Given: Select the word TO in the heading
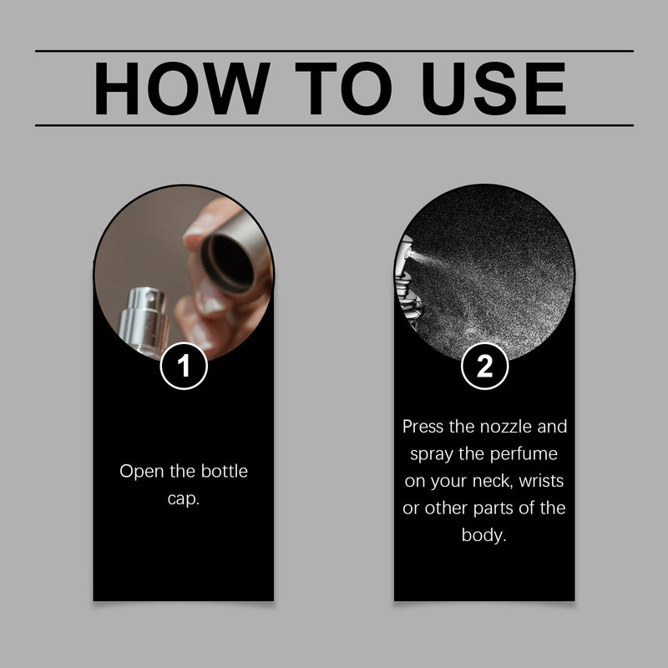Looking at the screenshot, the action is [x=343, y=89].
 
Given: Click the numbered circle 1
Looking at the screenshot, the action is [x=184, y=366].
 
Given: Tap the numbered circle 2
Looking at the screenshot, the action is [x=485, y=366].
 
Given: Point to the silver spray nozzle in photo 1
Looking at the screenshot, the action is [x=143, y=321].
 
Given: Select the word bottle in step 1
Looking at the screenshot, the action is [x=224, y=471].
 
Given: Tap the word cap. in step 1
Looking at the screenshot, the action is [x=184, y=499].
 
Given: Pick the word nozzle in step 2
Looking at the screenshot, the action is [x=505, y=428].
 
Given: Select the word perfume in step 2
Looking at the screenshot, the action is [x=524, y=454].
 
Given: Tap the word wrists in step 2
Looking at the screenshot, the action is [x=541, y=481].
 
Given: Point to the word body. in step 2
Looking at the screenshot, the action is [x=484, y=535].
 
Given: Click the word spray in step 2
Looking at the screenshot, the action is [x=432, y=455].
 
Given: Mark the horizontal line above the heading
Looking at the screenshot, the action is [x=334, y=51].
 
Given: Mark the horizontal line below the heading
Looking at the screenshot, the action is [x=334, y=126].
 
